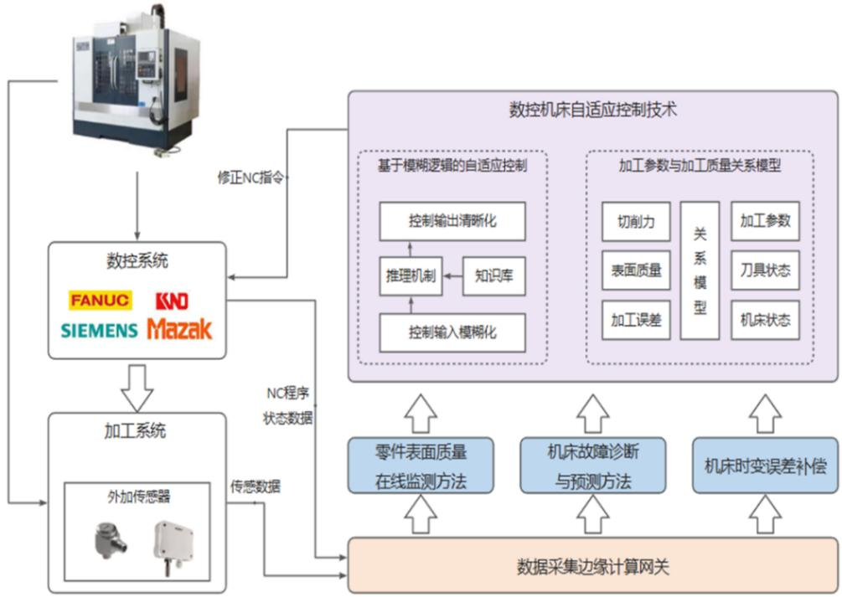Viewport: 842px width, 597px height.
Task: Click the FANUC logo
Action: click(101, 300)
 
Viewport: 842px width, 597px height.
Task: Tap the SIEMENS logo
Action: click(99, 330)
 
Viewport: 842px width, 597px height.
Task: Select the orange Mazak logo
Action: click(179, 328)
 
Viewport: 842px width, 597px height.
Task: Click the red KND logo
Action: click(172, 300)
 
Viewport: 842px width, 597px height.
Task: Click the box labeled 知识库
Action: click(493, 276)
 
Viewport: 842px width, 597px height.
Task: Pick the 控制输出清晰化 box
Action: click(452, 222)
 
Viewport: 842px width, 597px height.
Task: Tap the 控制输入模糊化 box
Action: click(452, 332)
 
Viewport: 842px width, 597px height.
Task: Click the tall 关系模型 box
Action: click(700, 270)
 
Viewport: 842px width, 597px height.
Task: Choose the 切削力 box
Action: click(636, 222)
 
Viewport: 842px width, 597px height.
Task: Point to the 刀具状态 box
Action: click(765, 270)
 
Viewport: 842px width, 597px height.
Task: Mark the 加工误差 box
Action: click(636, 320)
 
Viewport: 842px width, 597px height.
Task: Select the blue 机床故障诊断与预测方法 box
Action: click(592, 466)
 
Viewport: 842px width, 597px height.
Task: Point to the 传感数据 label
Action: click(256, 486)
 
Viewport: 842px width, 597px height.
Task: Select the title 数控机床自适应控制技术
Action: click(592, 110)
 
